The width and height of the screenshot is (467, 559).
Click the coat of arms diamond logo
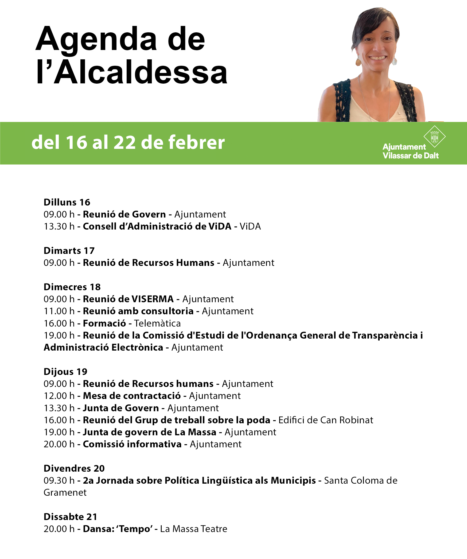tap(434, 137)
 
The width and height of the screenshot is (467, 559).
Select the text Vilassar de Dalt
tap(411, 156)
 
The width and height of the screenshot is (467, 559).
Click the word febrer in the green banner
tap(196, 142)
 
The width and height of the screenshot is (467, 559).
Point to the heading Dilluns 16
tap(67, 202)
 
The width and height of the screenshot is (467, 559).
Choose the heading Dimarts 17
tap(69, 251)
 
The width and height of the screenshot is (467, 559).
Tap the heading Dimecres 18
tap(72, 287)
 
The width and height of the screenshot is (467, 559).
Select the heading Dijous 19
tap(65, 372)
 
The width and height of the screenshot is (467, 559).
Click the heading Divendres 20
tap(74, 468)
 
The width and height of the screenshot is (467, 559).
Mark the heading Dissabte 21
tap(70, 517)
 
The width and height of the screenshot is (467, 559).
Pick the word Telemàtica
tap(157, 323)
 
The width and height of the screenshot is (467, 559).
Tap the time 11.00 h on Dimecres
tap(59, 311)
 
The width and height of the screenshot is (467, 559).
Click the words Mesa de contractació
tap(132, 396)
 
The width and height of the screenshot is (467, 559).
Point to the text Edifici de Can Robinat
tap(326, 420)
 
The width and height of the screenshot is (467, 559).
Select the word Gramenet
tap(65, 492)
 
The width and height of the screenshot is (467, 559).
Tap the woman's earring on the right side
tap(394, 61)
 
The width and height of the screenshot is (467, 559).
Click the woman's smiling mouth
tap(378, 58)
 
